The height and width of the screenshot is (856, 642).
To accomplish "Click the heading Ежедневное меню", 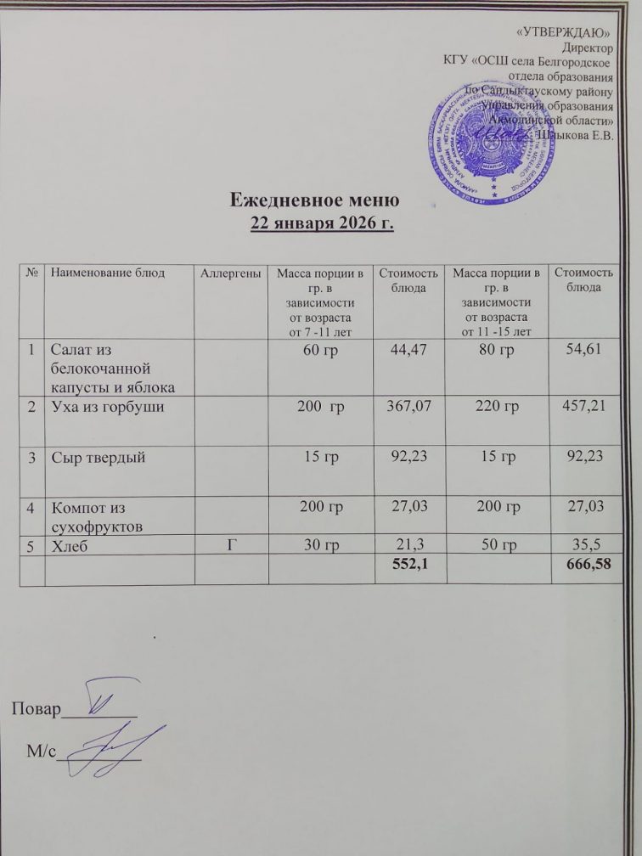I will pos(315,201).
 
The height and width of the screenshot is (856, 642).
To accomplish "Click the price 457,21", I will pos(582,408).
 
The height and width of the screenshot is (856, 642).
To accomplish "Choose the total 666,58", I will pos(581,566).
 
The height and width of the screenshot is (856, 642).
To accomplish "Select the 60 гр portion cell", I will pos(318,349).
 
